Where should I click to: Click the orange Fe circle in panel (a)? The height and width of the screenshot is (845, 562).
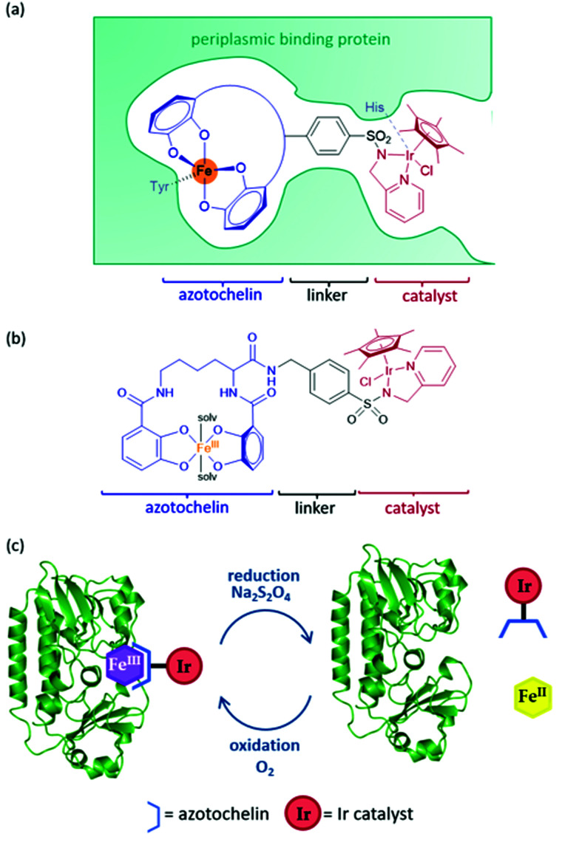pos(206,173)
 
